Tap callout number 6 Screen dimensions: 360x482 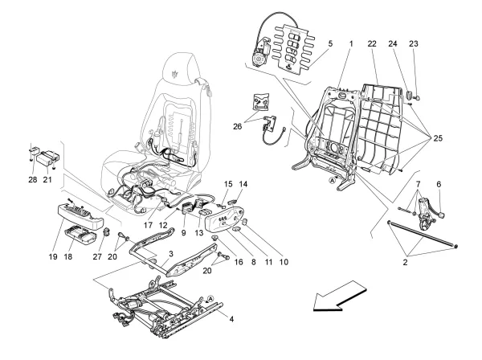pos(438,184)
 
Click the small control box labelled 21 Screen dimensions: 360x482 pos(50,154)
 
